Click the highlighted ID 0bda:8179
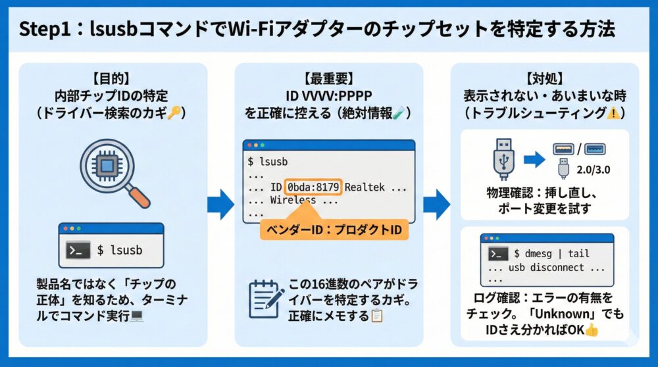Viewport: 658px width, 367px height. coord(314,187)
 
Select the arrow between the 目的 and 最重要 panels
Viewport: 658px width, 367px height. coord(220,205)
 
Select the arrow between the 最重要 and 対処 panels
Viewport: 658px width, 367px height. coord(436,205)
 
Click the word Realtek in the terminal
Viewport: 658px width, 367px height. coord(367,187)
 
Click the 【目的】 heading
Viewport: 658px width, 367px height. coord(113,76)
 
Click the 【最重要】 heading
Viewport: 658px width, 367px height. coord(328,76)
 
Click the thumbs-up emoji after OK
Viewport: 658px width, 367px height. coord(591,330)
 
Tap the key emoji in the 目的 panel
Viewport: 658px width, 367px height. coord(174,113)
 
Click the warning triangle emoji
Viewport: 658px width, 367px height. coord(611,113)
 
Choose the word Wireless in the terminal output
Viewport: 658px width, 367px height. coord(292,200)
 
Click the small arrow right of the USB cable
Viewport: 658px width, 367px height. coord(534,158)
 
